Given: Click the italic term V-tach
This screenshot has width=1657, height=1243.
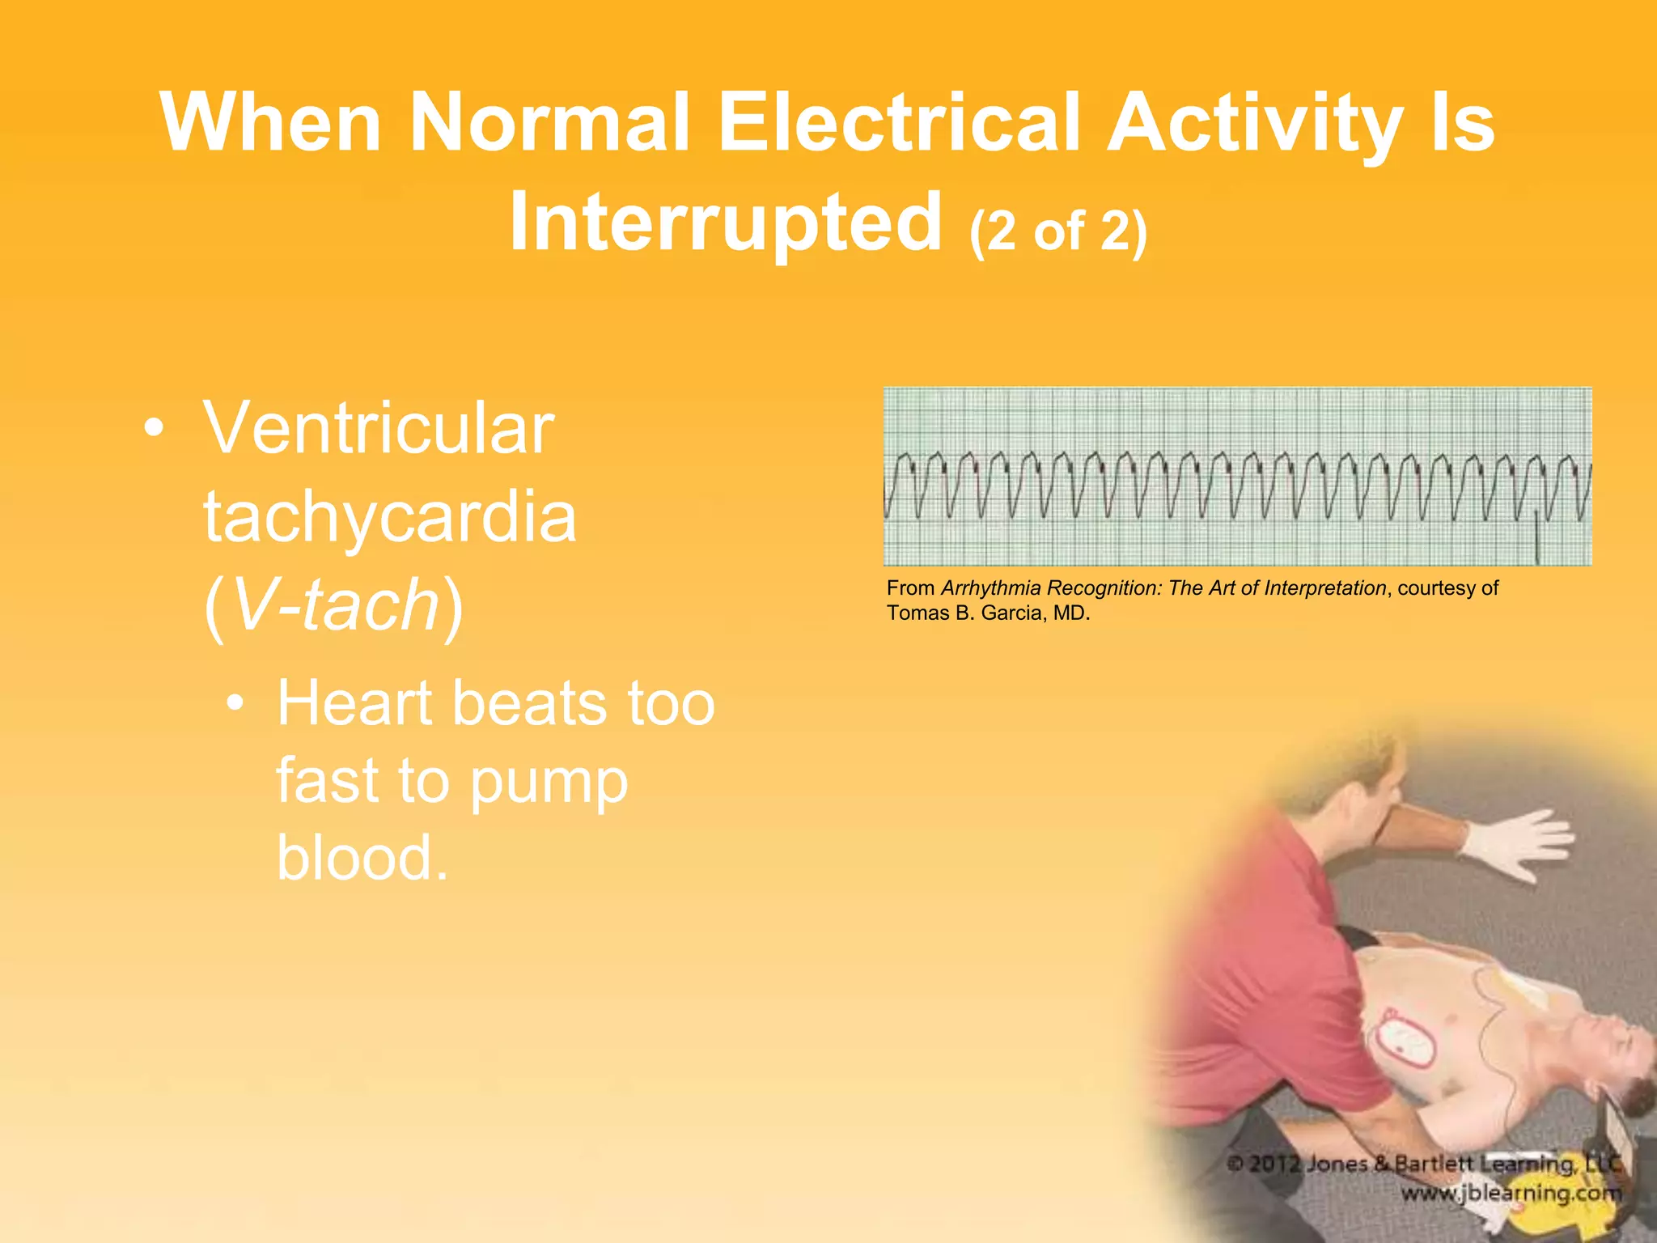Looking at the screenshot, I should click(334, 605).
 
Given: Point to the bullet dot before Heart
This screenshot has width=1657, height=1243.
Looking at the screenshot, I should click(235, 703).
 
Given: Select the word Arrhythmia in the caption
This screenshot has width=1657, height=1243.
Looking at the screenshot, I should click(990, 588).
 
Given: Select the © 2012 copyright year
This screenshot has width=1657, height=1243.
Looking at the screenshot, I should click(1262, 1165).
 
